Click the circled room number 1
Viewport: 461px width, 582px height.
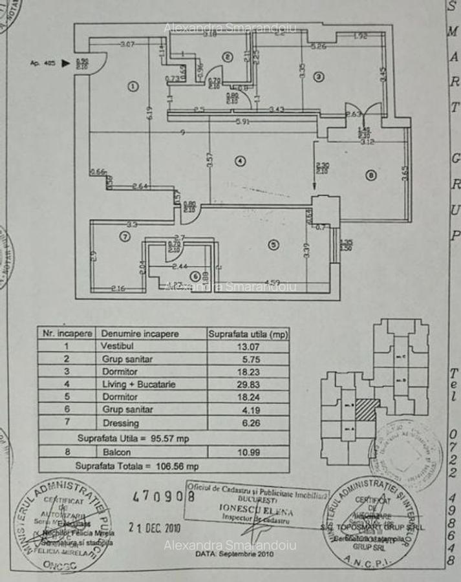(x=133, y=85)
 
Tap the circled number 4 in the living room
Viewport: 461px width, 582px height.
(x=240, y=160)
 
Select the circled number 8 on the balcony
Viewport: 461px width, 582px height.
(x=370, y=174)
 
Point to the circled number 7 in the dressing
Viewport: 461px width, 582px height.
(x=124, y=237)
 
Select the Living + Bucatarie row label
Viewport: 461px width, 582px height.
(x=138, y=384)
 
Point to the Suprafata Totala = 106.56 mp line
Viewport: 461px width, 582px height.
(x=137, y=466)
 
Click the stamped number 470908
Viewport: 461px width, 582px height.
(x=164, y=497)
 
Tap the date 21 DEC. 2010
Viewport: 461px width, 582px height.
(x=153, y=528)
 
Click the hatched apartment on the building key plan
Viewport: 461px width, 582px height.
(x=368, y=409)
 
